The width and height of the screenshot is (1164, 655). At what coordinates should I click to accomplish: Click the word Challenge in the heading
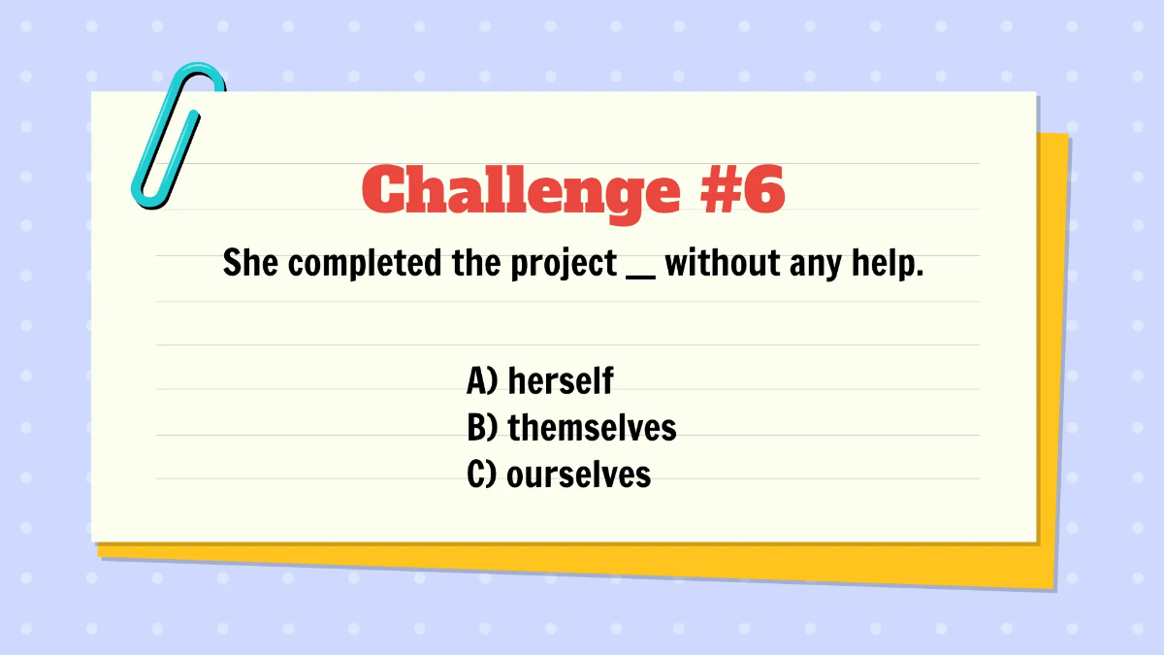click(x=521, y=190)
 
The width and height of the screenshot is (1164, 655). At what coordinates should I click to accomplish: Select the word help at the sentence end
click(x=886, y=263)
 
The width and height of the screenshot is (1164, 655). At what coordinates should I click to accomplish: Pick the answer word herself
click(x=560, y=380)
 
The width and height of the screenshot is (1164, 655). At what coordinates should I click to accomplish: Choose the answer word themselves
click(x=592, y=427)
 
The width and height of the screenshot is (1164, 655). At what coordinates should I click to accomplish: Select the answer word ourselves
click(x=578, y=475)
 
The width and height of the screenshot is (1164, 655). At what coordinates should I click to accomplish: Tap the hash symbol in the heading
click(x=718, y=189)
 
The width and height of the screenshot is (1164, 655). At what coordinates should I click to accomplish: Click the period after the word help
click(x=918, y=273)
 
